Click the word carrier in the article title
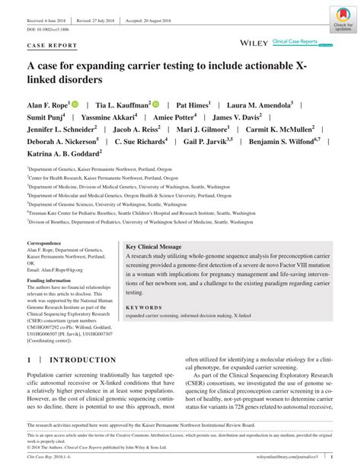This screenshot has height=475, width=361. (154, 65)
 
